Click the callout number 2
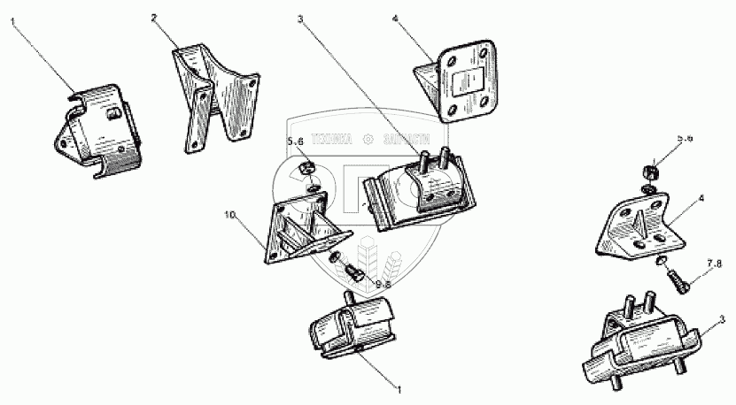click(x=154, y=17)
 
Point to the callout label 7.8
click(x=713, y=264)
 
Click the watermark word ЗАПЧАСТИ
click(x=407, y=140)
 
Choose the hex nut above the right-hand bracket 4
click(x=649, y=170)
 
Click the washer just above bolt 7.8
click(x=662, y=263)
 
